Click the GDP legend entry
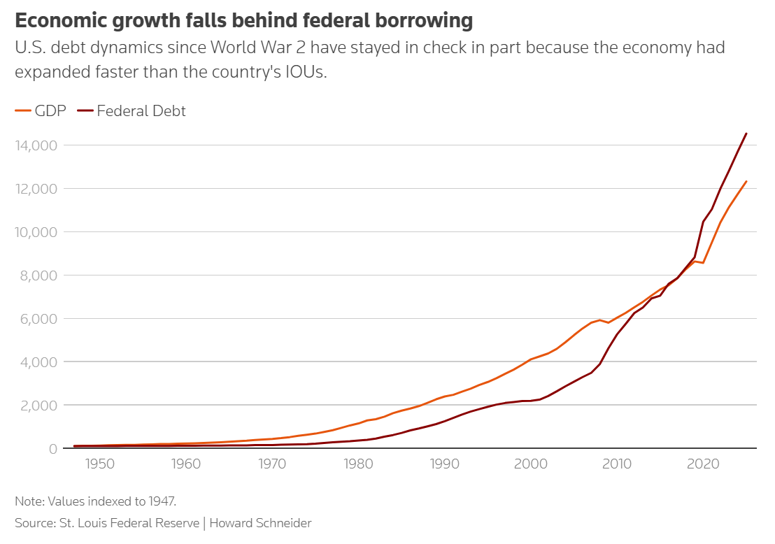tap(41, 110)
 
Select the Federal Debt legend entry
tap(131, 110)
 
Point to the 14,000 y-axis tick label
tap(36, 145)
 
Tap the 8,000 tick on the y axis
tap(38, 275)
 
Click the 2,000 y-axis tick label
tap(38, 405)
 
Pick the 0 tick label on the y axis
tap(53, 449)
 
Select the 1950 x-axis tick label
tap(100, 464)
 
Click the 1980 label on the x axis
tap(358, 464)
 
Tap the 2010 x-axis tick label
tap(617, 464)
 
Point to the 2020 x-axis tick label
tap(703, 464)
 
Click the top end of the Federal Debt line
tap(746, 134)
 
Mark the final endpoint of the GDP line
tap(746, 181)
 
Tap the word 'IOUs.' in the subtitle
tap(306, 72)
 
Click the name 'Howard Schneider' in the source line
tap(260, 523)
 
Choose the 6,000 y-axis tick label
tap(38, 319)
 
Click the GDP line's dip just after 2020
tap(703, 263)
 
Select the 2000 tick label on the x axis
tap(531, 464)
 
